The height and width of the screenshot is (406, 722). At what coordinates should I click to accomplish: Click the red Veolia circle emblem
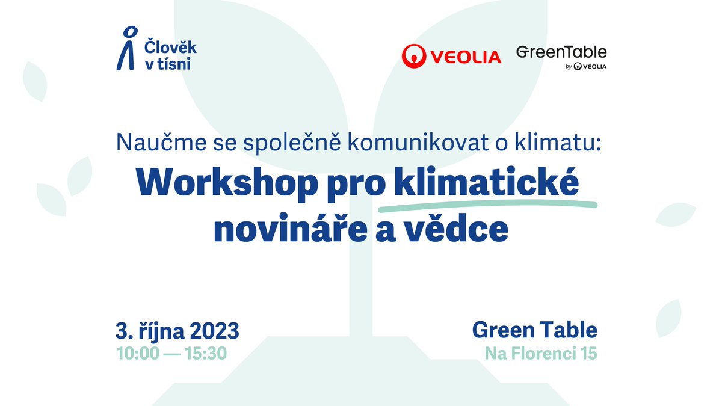click(x=414, y=56)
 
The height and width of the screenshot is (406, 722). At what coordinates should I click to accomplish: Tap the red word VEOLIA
click(x=465, y=57)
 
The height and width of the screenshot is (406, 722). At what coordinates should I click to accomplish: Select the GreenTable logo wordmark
click(x=561, y=52)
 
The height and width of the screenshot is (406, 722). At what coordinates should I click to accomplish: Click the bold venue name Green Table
click(x=534, y=330)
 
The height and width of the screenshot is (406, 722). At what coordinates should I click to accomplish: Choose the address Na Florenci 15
click(x=541, y=354)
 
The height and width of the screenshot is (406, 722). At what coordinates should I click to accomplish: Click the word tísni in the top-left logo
click(x=174, y=63)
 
